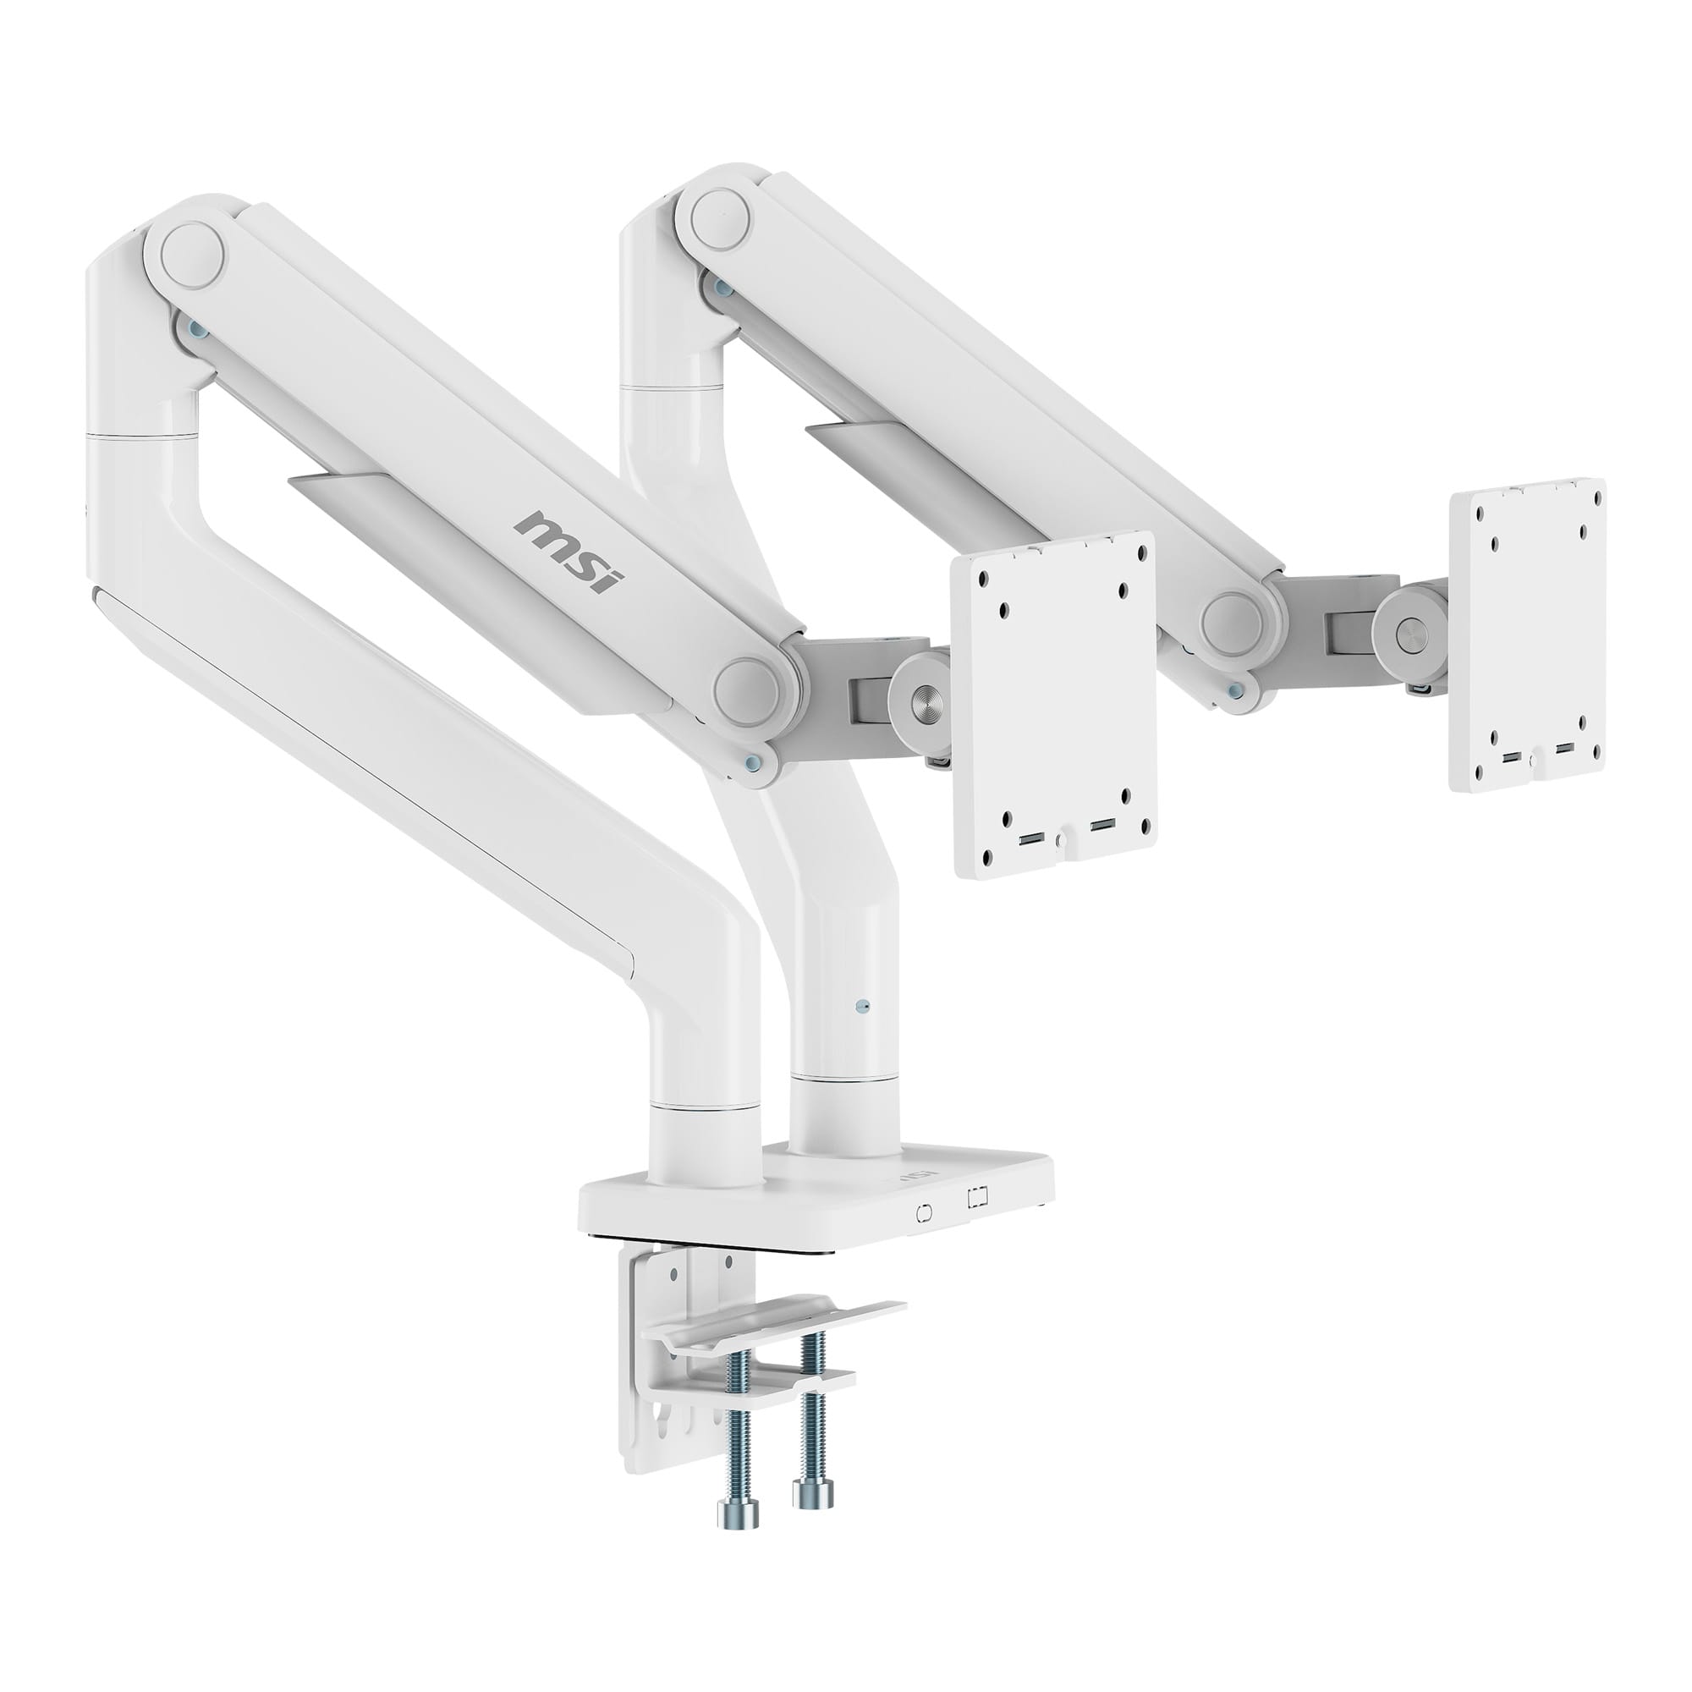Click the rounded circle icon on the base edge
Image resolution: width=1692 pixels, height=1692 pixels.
[x=923, y=1214]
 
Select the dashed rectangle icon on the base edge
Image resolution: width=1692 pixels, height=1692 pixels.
[x=978, y=1196]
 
